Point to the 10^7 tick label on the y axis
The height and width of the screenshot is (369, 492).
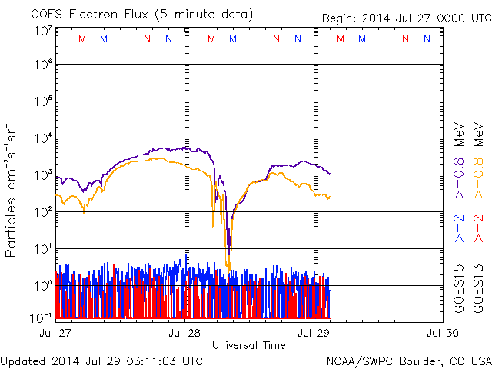pos(42,32)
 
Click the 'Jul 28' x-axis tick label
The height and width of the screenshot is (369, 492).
pos(185,333)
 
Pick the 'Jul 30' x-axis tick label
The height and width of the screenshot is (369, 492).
pos(442,333)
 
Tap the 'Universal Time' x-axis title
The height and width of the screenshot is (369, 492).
pos(248,345)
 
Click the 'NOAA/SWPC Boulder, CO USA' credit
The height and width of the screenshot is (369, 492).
pos(408,361)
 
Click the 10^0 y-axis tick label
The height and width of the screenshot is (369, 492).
pos(42,284)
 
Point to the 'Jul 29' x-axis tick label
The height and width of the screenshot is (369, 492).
pos(314,333)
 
